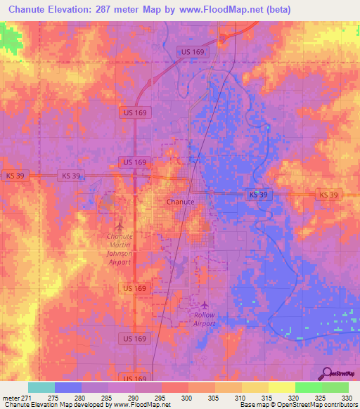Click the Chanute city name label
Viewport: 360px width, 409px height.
pos(180,201)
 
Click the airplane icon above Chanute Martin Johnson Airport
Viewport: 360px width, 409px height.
pos(118,226)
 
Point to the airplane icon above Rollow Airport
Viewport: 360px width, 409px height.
pos(205,305)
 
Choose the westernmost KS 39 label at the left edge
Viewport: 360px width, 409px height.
pos(14,176)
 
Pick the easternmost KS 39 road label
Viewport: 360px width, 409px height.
pos(328,194)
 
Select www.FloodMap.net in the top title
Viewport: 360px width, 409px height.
pos(225,9)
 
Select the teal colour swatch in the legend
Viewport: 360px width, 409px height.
pos(41,387)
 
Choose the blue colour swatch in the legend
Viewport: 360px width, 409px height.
pos(68,387)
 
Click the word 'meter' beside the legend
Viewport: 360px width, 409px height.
pos(11,398)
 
